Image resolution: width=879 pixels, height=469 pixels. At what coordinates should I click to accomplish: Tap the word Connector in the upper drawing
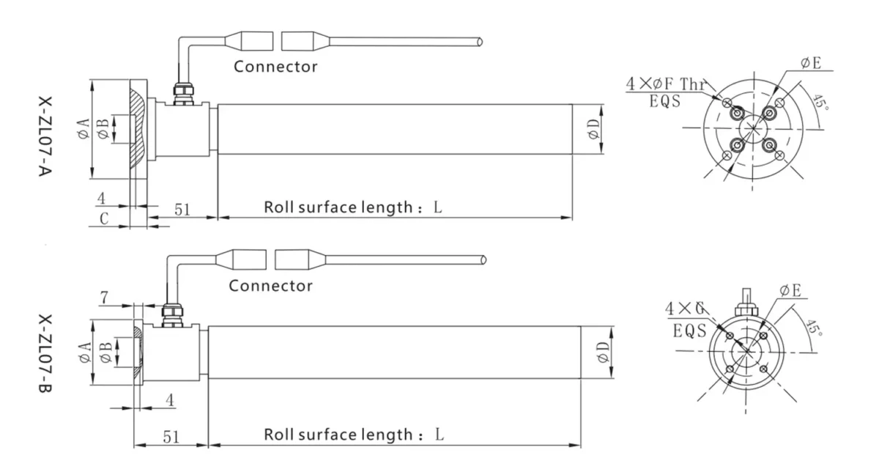click(x=275, y=67)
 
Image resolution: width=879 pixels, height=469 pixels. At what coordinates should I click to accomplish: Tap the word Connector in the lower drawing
click(x=270, y=285)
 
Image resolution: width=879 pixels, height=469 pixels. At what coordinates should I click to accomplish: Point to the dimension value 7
click(x=105, y=298)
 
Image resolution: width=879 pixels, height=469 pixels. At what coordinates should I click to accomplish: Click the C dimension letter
click(x=105, y=218)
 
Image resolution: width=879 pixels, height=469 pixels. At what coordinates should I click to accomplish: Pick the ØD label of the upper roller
click(x=594, y=130)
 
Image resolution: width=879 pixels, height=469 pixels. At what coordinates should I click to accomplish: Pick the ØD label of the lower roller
click(x=603, y=352)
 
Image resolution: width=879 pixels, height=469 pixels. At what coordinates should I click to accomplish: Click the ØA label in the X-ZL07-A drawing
click(x=82, y=130)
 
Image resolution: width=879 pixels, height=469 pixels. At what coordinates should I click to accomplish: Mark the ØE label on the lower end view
click(x=791, y=291)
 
